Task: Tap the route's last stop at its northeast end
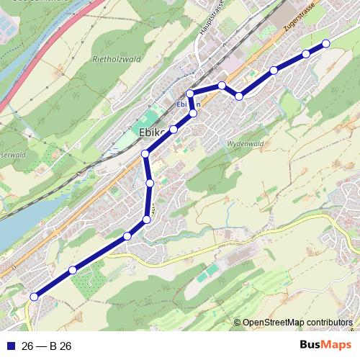[x=325, y=43]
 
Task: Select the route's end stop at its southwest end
[x=34, y=296]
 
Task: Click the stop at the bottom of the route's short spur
[x=193, y=114]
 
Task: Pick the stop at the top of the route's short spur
[x=190, y=94]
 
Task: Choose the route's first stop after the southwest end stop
[x=73, y=270]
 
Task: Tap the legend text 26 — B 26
[x=47, y=346]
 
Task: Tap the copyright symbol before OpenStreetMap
[x=238, y=323]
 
